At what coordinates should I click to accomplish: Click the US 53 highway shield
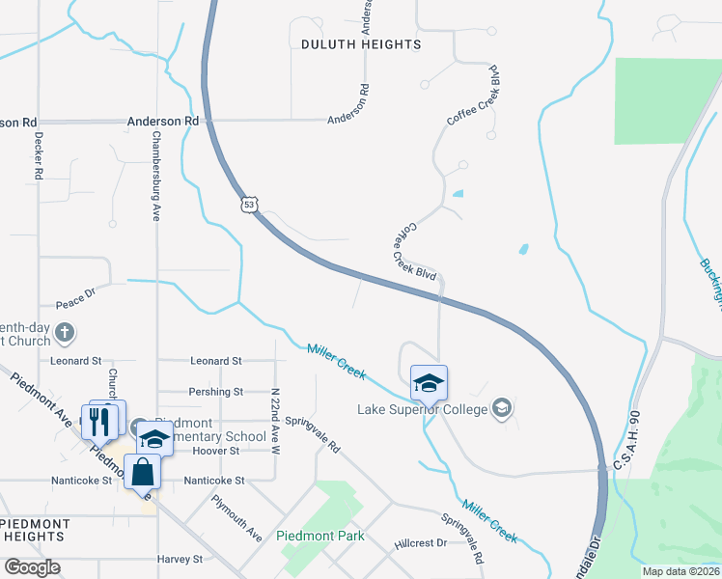pyautogui.click(x=250, y=205)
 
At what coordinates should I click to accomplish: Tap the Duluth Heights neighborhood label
pyautogui.click(x=361, y=44)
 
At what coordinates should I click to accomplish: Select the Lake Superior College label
pyautogui.click(x=423, y=409)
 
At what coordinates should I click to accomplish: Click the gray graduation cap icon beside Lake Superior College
pyautogui.click(x=501, y=409)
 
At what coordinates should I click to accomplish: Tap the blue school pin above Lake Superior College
pyautogui.click(x=429, y=384)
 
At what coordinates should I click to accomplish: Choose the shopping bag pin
pyautogui.click(x=143, y=472)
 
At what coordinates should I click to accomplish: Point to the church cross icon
pyautogui.click(x=65, y=334)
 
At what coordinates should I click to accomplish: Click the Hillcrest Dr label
pyautogui.click(x=421, y=543)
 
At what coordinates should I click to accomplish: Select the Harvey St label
pyautogui.click(x=179, y=559)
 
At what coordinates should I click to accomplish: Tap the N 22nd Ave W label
pyautogui.click(x=275, y=422)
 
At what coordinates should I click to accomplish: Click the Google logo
pyautogui.click(x=32, y=567)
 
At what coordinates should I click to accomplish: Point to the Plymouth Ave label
pyautogui.click(x=237, y=519)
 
